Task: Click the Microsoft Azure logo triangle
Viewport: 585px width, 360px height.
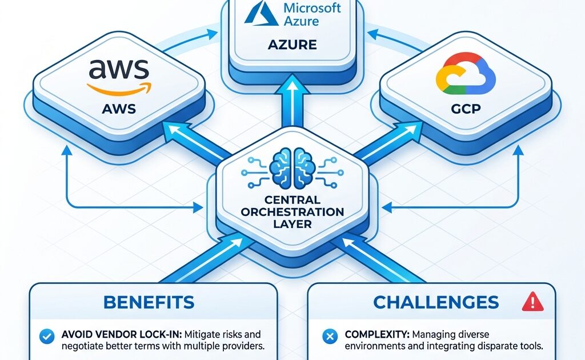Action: pos(261,15)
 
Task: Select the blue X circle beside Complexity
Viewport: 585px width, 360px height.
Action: pos(328,336)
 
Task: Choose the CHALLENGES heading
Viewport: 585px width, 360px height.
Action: pos(436,302)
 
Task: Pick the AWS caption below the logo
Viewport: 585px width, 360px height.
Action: pos(119,109)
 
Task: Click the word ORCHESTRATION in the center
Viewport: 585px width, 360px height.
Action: pos(292,211)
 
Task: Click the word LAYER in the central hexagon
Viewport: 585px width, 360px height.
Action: pos(292,224)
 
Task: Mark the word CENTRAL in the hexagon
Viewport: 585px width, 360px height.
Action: pos(292,199)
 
